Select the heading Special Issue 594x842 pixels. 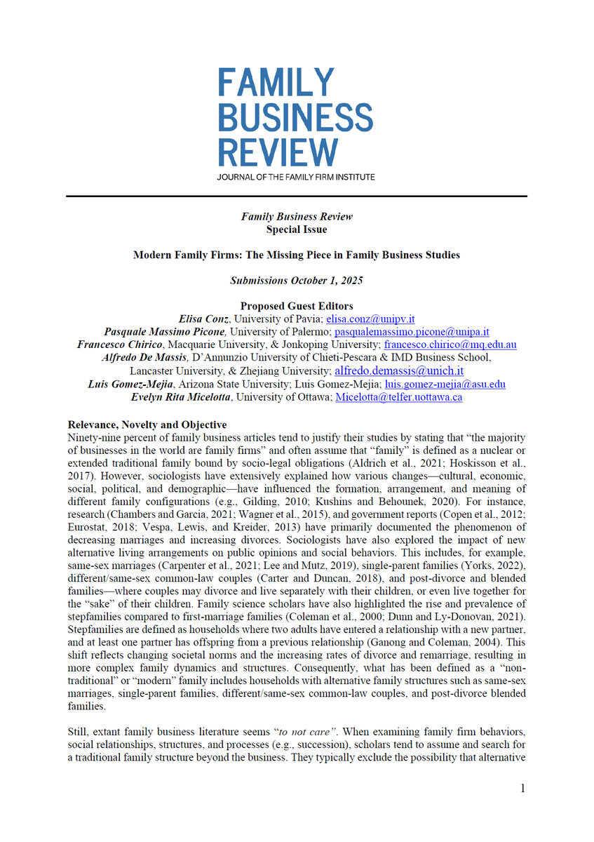[x=297, y=229]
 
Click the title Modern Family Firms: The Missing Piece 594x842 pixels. [x=297, y=255]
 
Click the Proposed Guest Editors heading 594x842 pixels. [x=297, y=306]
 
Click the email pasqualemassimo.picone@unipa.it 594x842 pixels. [x=412, y=331]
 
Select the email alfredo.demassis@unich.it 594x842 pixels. [x=399, y=370]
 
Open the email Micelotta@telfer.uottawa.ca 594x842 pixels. [x=399, y=397]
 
